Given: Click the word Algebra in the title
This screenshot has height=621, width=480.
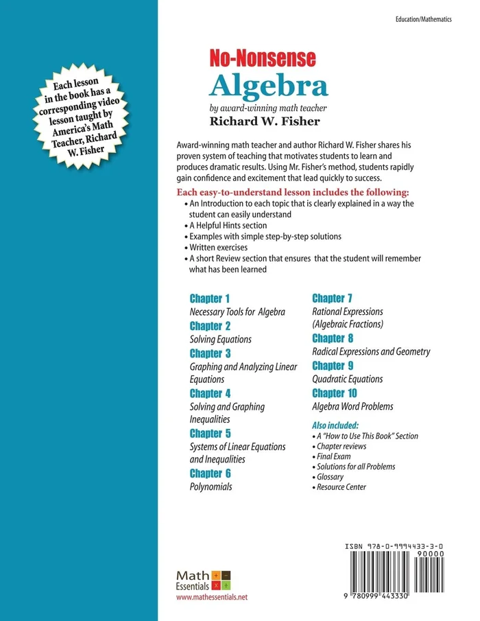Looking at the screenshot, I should (x=269, y=84).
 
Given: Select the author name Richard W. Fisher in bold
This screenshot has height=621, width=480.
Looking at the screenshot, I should (x=261, y=121).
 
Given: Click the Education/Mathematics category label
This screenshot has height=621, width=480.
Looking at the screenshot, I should (x=424, y=21).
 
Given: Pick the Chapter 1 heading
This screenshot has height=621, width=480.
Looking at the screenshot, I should (x=210, y=298).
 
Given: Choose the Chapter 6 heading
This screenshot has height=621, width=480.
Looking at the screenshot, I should (x=211, y=473).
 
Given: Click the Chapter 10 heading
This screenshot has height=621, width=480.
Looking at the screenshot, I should (x=335, y=393).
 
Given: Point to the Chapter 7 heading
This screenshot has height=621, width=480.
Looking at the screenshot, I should (x=333, y=298).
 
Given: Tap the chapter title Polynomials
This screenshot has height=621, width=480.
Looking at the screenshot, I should (x=211, y=487).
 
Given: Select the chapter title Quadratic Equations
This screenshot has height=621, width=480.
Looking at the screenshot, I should (x=348, y=379).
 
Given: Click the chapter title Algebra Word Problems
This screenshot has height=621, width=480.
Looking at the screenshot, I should (x=352, y=406).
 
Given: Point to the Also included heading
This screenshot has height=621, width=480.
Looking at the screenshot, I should (x=335, y=425).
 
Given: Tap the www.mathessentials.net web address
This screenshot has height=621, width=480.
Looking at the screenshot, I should (x=212, y=597).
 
